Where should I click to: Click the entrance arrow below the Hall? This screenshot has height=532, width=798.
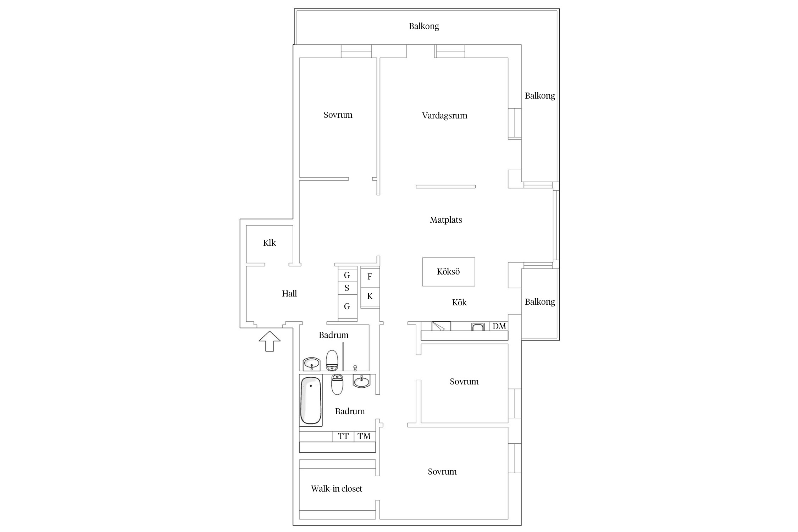pos(270,341)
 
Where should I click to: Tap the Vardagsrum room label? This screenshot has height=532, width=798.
pos(444,116)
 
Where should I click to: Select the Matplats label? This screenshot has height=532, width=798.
pos(446,220)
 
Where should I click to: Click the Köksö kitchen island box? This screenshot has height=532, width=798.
pos(448,272)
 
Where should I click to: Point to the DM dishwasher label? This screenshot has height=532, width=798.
pos(499,326)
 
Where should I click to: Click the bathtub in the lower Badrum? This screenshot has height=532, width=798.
pos(311,400)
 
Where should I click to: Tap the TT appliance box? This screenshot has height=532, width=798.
pos(343,436)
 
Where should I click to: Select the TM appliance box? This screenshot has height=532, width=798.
pos(365,436)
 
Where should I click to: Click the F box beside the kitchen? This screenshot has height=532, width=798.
pos(370,277)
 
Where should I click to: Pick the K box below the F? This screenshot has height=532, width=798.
pos(370,297)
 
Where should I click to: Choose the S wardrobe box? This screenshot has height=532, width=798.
pos(347,288)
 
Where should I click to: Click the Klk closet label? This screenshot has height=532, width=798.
pos(270,243)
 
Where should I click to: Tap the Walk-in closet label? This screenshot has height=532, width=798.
pos(337,489)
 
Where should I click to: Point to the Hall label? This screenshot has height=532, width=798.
pos(289,294)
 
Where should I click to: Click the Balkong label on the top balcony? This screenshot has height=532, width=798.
pos(424,27)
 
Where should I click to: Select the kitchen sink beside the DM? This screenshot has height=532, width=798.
pos(478,327)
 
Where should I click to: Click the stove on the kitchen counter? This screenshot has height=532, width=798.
pos(441,326)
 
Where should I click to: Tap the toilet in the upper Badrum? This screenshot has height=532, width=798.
pos(332,360)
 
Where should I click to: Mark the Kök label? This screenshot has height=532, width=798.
pos(459,303)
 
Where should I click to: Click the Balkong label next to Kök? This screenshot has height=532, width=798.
pos(540,302)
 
